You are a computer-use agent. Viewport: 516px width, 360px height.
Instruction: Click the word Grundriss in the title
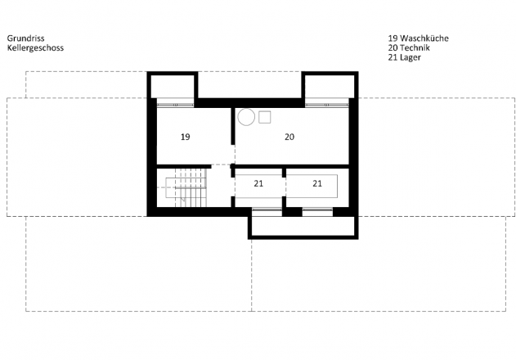click(25, 38)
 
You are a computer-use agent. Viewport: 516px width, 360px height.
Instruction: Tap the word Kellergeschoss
click(35, 47)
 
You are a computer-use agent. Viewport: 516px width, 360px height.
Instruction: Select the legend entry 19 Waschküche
click(418, 38)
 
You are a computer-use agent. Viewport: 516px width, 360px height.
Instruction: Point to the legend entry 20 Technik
click(409, 47)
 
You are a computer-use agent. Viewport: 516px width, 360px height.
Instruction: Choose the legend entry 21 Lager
click(405, 57)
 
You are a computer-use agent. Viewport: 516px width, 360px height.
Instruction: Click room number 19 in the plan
click(186, 137)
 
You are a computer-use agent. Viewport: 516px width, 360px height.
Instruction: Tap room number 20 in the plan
click(289, 137)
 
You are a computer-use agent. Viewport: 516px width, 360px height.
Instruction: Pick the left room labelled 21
click(258, 183)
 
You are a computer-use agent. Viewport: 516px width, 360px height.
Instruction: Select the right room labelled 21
click(317, 183)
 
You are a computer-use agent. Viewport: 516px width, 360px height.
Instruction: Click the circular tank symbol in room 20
click(246, 117)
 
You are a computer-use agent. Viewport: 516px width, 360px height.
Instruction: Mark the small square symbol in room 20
click(265, 117)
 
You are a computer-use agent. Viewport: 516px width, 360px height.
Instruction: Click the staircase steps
click(191, 187)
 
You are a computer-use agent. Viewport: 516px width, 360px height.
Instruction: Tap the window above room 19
click(175, 105)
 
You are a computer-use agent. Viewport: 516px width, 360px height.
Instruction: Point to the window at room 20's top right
click(327, 105)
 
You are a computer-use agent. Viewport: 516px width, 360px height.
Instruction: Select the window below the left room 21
click(267, 209)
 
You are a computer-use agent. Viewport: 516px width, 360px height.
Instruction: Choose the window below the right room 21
click(317, 209)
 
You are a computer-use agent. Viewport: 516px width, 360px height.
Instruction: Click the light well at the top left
click(173, 86)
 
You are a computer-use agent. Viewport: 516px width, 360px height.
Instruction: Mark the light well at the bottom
click(303, 226)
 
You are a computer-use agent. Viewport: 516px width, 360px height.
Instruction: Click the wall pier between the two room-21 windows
click(292, 211)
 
